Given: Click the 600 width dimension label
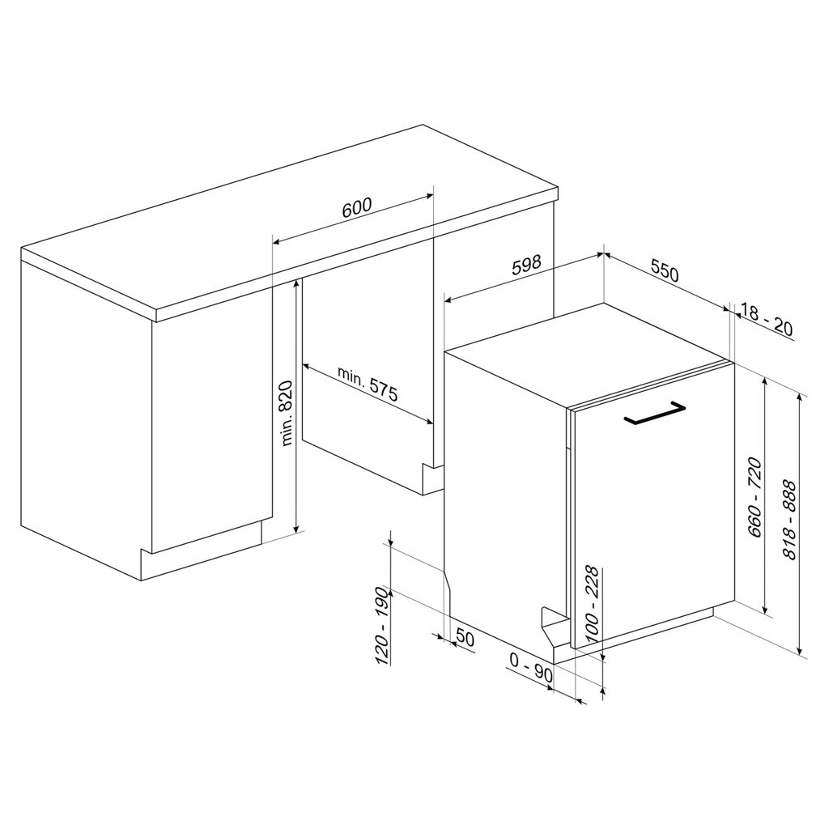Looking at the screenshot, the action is pos(357,207).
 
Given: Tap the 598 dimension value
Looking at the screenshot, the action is pos(527,265).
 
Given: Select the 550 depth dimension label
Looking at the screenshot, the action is pos(664,272).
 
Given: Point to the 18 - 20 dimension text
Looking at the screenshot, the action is pos(767,320).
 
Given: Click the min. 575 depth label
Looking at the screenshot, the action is pos(368,384).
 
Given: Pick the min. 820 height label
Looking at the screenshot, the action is pos(286,413).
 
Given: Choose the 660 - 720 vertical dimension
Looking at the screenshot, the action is pos(755,498).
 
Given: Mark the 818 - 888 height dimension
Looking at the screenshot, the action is pos(789,520).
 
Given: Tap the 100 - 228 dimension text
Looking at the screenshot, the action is pos(591,604).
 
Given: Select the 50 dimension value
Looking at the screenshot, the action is pos(465,640).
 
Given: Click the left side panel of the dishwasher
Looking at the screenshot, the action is pos(505,497).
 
